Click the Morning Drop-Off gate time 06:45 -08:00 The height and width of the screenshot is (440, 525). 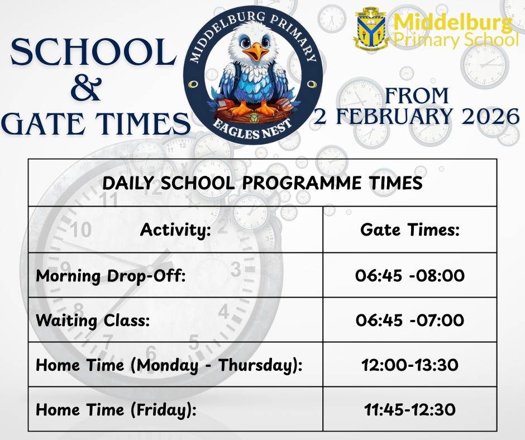[x=410, y=276]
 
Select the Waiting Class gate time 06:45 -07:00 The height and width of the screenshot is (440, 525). [x=410, y=320]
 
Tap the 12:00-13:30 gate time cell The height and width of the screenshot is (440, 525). [x=410, y=365]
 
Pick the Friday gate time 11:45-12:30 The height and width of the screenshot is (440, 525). [x=410, y=409]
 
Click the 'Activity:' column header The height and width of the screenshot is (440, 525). [x=176, y=230]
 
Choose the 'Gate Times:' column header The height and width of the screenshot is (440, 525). [x=410, y=229]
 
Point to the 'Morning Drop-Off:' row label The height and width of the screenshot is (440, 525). [x=111, y=276]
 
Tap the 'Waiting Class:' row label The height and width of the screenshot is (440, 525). [x=93, y=321]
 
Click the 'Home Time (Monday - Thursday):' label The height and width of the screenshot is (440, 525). [x=169, y=365]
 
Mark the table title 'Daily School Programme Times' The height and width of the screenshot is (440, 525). [x=262, y=183]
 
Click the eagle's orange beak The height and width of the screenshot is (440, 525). [x=256, y=51]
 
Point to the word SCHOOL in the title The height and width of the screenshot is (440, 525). [x=93, y=52]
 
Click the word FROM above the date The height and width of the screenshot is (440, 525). [x=417, y=96]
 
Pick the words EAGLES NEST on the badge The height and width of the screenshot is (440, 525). [x=252, y=130]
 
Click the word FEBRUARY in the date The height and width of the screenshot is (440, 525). [x=394, y=117]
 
